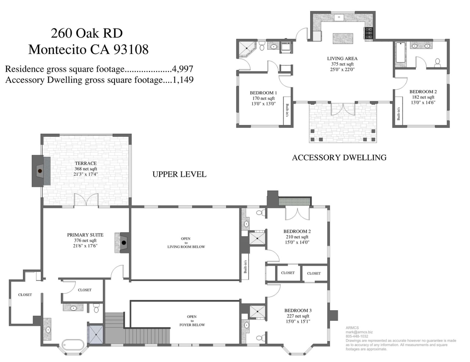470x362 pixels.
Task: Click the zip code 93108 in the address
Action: [x=131, y=50]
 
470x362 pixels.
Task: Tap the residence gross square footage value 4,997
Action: [x=182, y=69]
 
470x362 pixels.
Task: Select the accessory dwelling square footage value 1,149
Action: [x=183, y=80]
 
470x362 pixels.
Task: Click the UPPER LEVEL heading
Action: [x=179, y=174]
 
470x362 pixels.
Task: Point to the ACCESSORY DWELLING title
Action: [x=339, y=158]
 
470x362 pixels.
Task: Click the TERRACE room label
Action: [x=86, y=164]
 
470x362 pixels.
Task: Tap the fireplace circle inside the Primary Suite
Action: [x=124, y=243]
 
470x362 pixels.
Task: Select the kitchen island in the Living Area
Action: [x=343, y=39]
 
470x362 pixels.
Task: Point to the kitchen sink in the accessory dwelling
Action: [x=339, y=17]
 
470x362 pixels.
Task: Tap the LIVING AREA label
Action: [x=342, y=58]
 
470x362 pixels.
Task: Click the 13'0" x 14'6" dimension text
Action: [x=423, y=103]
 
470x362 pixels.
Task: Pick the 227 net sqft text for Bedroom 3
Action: [x=298, y=316]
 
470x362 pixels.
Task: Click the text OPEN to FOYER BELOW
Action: [x=192, y=321]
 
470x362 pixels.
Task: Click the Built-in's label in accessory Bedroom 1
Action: [x=287, y=110]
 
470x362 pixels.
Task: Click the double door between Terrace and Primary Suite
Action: [x=86, y=200]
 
